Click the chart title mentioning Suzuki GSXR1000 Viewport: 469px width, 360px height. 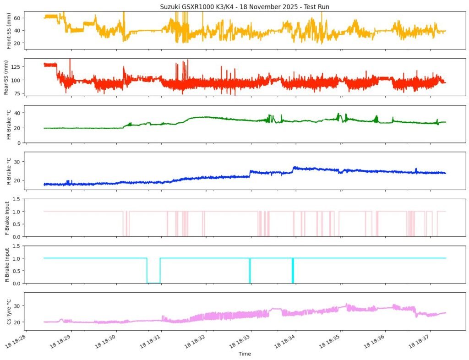coord(245,7)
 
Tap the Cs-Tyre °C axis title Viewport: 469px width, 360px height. coord(8,311)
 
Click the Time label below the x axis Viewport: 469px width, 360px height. coord(245,354)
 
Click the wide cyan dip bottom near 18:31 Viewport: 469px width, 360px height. coord(153,283)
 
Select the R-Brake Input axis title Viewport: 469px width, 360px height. coord(8,265)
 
